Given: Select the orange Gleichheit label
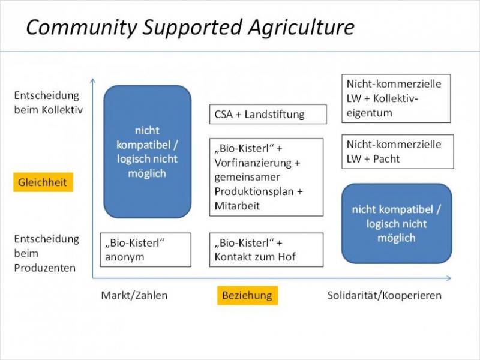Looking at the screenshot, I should click(43, 182).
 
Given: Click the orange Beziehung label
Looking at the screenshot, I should click(247, 295).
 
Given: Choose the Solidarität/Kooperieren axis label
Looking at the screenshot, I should click(385, 295).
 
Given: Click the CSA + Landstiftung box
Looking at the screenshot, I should click(268, 114).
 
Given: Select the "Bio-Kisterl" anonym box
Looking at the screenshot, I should click(145, 250).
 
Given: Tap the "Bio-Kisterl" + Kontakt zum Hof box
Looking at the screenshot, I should click(268, 250).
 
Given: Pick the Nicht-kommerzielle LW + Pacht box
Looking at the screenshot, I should click(397, 151).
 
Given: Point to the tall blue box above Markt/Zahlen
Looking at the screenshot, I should click(147, 151).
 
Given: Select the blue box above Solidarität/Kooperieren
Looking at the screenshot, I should click(397, 223).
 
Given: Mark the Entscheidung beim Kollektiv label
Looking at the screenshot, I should click(47, 103).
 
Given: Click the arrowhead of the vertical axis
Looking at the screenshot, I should click(92, 80).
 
